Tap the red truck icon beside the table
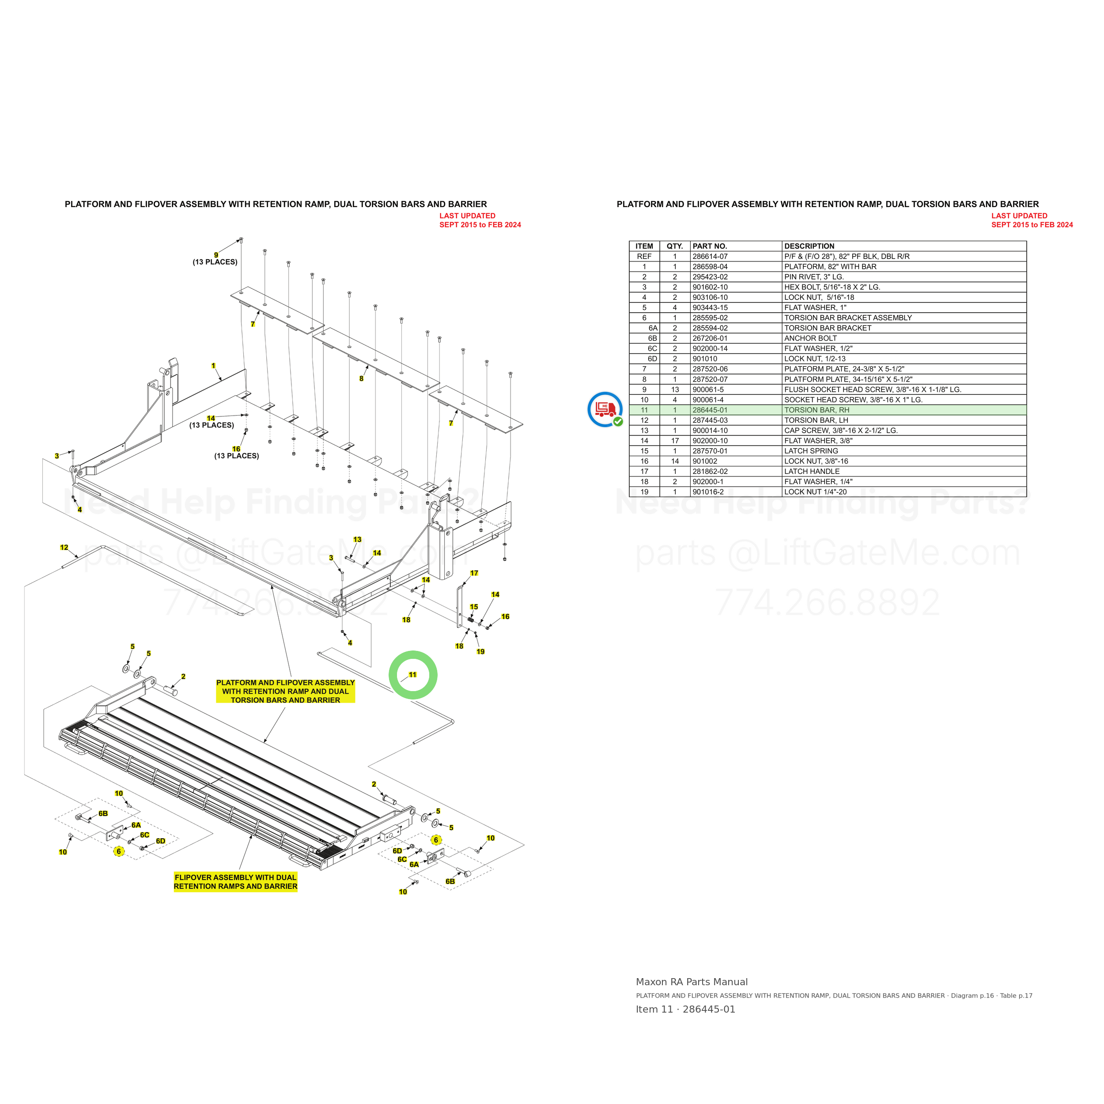605,409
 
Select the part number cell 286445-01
710,410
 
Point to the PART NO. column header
710,246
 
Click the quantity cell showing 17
675,441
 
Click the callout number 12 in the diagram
64,548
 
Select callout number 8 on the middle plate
361,378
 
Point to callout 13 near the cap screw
357,540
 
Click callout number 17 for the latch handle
474,573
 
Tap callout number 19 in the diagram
480,651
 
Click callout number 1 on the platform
213,366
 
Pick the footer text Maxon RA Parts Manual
692,982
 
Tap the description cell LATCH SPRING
811,451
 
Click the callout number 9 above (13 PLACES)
216,255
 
